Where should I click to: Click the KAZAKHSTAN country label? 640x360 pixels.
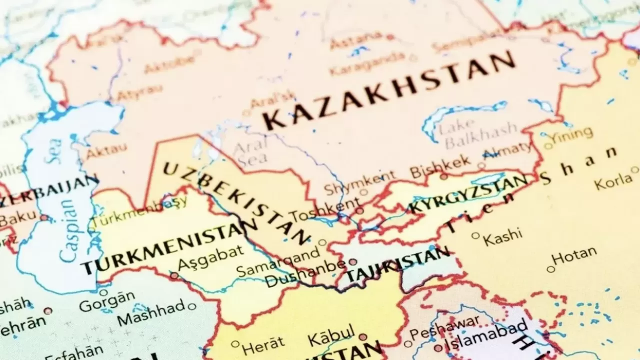tap(390, 90)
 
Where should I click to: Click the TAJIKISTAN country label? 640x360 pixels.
tap(397, 265)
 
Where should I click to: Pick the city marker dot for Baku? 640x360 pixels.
tap(44, 217)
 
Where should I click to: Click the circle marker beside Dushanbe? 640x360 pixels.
tap(352, 261)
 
